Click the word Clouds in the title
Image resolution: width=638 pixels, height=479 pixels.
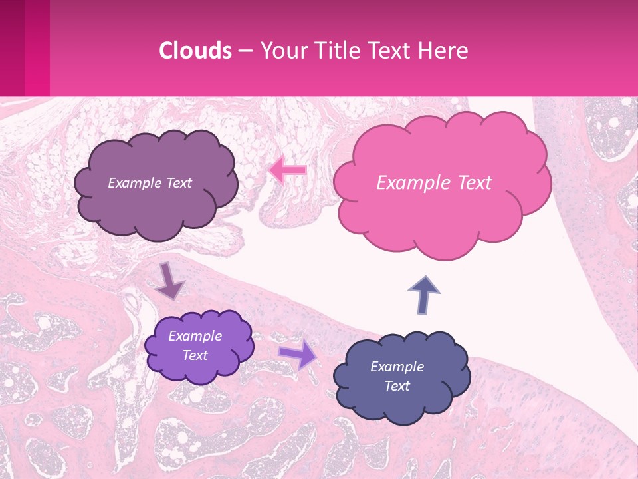[x=195, y=51]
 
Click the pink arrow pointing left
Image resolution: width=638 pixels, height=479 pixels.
[x=288, y=170]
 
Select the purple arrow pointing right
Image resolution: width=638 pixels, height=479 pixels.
[x=297, y=354]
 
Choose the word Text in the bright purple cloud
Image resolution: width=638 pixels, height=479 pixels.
[x=195, y=355]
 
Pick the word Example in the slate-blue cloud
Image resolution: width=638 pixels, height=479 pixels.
[x=397, y=367]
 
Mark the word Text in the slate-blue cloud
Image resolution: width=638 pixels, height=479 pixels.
[x=397, y=386]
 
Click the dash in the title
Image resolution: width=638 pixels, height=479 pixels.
[x=245, y=51]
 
